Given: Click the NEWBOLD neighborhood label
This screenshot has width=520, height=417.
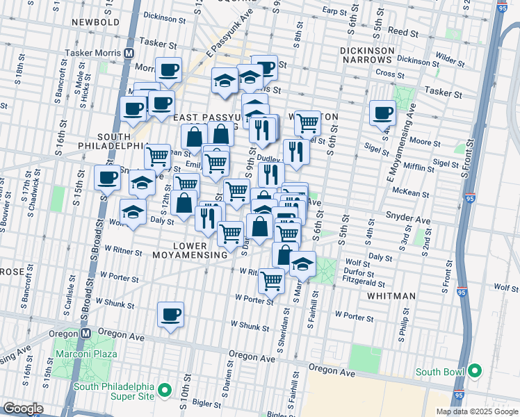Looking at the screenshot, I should (x=97, y=22).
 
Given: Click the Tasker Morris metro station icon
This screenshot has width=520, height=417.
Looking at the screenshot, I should (x=130, y=53).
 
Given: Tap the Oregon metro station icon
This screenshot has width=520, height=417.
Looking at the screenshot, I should (x=85, y=333).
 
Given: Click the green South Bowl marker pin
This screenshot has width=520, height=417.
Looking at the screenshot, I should (x=475, y=371).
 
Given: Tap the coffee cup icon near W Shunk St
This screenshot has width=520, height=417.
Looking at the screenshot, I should (x=170, y=316).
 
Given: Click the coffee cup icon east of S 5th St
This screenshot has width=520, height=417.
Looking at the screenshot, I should (x=382, y=112).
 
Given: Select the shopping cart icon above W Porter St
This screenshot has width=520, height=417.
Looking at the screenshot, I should (x=271, y=280).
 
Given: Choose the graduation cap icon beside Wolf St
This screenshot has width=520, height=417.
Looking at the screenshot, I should (x=302, y=264).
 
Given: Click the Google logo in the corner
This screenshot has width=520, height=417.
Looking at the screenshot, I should (x=24, y=409).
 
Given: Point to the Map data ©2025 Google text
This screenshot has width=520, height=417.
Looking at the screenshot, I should (x=476, y=411).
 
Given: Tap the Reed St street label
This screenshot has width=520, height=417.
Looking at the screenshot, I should (x=403, y=33).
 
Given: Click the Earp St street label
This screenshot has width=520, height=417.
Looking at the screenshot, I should (x=335, y=11).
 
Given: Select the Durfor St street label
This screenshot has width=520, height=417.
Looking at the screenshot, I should (x=359, y=274).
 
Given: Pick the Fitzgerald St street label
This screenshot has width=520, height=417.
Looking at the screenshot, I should (x=364, y=283).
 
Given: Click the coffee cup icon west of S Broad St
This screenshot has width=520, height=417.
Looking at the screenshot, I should (x=107, y=178).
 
